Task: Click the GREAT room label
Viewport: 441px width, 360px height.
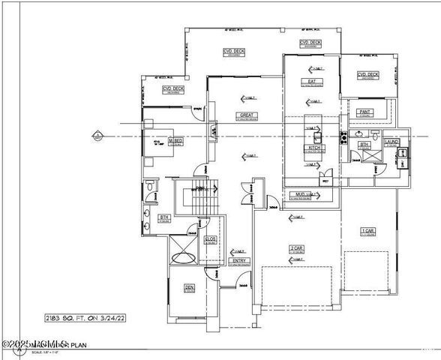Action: click(x=244, y=115)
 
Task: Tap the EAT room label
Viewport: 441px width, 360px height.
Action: click(x=310, y=81)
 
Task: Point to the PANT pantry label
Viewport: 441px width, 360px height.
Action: click(x=365, y=112)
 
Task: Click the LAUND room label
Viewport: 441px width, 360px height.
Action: click(x=391, y=141)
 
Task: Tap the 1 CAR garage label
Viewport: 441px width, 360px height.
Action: click(x=367, y=230)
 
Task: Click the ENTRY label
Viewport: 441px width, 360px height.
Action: click(x=239, y=261)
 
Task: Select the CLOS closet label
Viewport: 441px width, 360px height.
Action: click(x=211, y=239)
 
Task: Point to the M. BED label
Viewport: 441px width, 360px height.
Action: click(x=176, y=140)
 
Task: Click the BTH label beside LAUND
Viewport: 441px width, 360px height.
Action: click(x=364, y=144)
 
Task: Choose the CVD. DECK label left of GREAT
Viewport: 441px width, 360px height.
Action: click(x=173, y=90)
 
